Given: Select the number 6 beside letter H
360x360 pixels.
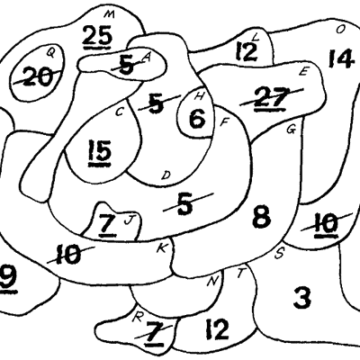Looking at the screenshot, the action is pos(197,119).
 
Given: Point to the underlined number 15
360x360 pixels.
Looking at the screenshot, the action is pos(100,152).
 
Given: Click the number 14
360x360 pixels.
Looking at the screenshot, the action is pos(340,58).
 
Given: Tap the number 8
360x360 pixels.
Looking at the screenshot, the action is pos(262,217).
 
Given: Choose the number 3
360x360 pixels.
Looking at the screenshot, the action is pos(301,298).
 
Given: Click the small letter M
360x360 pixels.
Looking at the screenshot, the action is pos(110,14).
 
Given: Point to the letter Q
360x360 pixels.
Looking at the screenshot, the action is pos(50,53).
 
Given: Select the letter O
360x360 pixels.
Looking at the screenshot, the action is pos(340,30).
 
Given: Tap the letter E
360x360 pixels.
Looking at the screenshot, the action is pos(303,72).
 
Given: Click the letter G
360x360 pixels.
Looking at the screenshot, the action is pos(292,130).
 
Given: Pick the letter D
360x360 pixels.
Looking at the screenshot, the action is pos(166,175).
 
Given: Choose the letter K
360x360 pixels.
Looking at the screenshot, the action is pos(162,248).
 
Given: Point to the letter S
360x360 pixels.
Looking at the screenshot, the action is pos(279,254).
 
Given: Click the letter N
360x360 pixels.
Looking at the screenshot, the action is pos(212,281).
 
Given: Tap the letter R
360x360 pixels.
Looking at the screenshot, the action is pos(137,318).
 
